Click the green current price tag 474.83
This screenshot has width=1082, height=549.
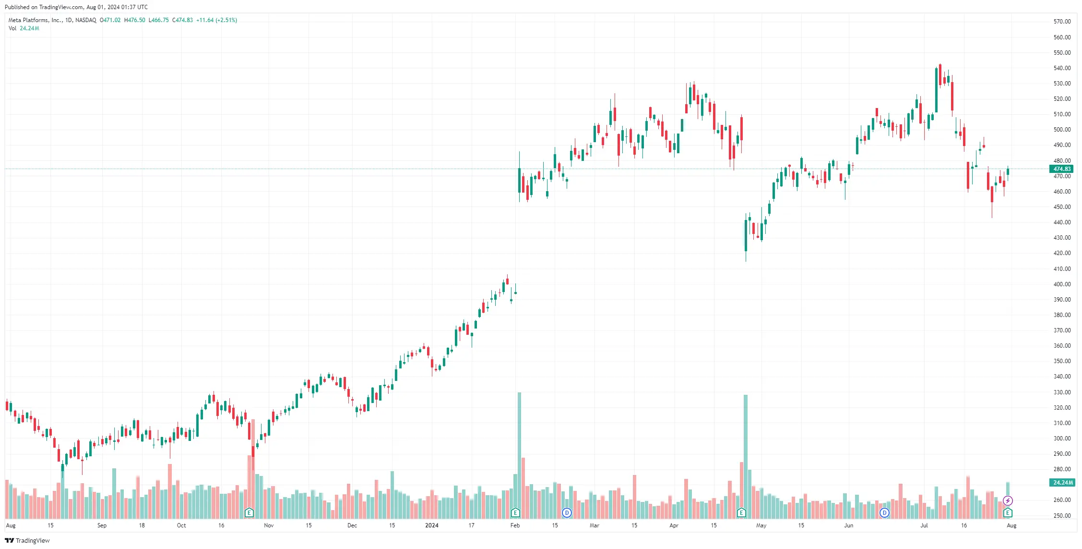[1062, 169]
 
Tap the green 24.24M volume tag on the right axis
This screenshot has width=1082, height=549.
[1062, 483]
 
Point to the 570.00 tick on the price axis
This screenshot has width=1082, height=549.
[1062, 22]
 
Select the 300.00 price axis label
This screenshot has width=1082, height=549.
[1062, 439]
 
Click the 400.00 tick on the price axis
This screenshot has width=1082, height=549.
[1062, 284]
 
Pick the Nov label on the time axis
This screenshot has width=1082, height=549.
[269, 525]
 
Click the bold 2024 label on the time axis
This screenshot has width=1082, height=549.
[432, 525]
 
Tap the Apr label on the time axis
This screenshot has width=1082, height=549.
[674, 525]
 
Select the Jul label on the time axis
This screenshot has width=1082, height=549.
[924, 525]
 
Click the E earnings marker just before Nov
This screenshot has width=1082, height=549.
[249, 512]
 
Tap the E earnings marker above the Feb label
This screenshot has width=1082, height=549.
[515, 512]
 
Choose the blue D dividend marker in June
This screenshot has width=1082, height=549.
[884, 512]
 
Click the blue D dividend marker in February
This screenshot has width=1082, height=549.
[567, 512]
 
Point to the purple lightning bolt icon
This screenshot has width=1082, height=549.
[1008, 500]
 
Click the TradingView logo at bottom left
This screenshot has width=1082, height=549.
[27, 541]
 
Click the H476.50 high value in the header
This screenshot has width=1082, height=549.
[134, 20]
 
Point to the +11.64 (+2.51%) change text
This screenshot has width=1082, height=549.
[216, 20]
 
